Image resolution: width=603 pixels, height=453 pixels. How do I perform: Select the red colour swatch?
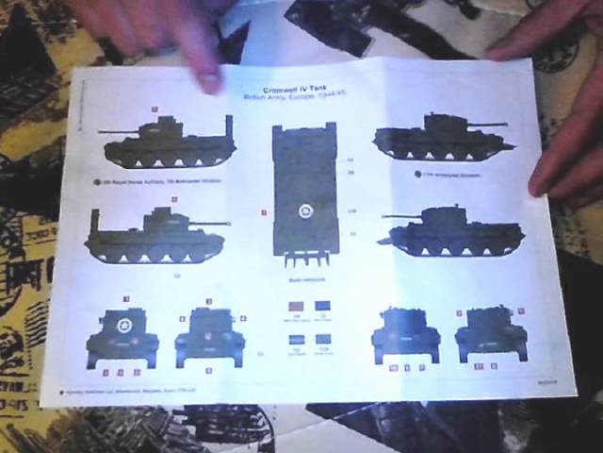pos(294,308)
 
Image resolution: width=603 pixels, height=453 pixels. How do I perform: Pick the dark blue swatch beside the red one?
pos(323,308)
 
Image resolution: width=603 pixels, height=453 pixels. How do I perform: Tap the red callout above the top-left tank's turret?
pos(154,109)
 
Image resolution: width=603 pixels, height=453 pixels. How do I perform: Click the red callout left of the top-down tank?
pos(265,213)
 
